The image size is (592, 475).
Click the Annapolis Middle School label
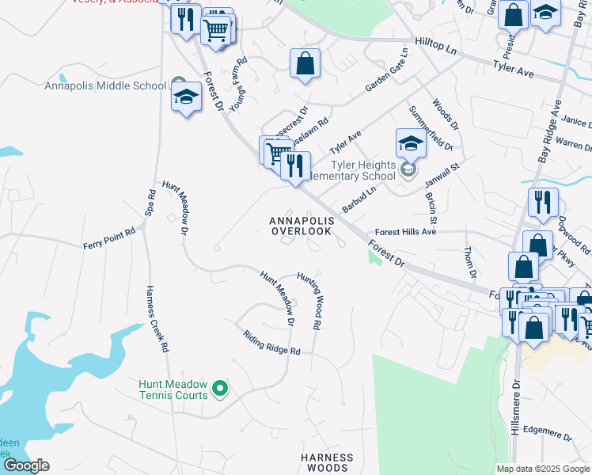click(104, 85)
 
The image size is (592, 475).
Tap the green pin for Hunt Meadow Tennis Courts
click(222, 388)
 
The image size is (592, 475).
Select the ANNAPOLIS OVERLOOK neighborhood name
click(301, 226)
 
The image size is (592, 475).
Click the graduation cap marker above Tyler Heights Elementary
click(411, 145)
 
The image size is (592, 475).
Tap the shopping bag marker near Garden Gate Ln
click(305, 63)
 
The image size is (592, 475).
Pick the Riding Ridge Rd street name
click(272, 342)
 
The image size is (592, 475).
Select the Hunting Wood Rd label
click(309, 301)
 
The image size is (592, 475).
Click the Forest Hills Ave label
click(406, 233)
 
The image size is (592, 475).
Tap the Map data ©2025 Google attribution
click(542, 469)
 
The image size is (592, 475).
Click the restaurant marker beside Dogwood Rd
click(543, 203)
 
